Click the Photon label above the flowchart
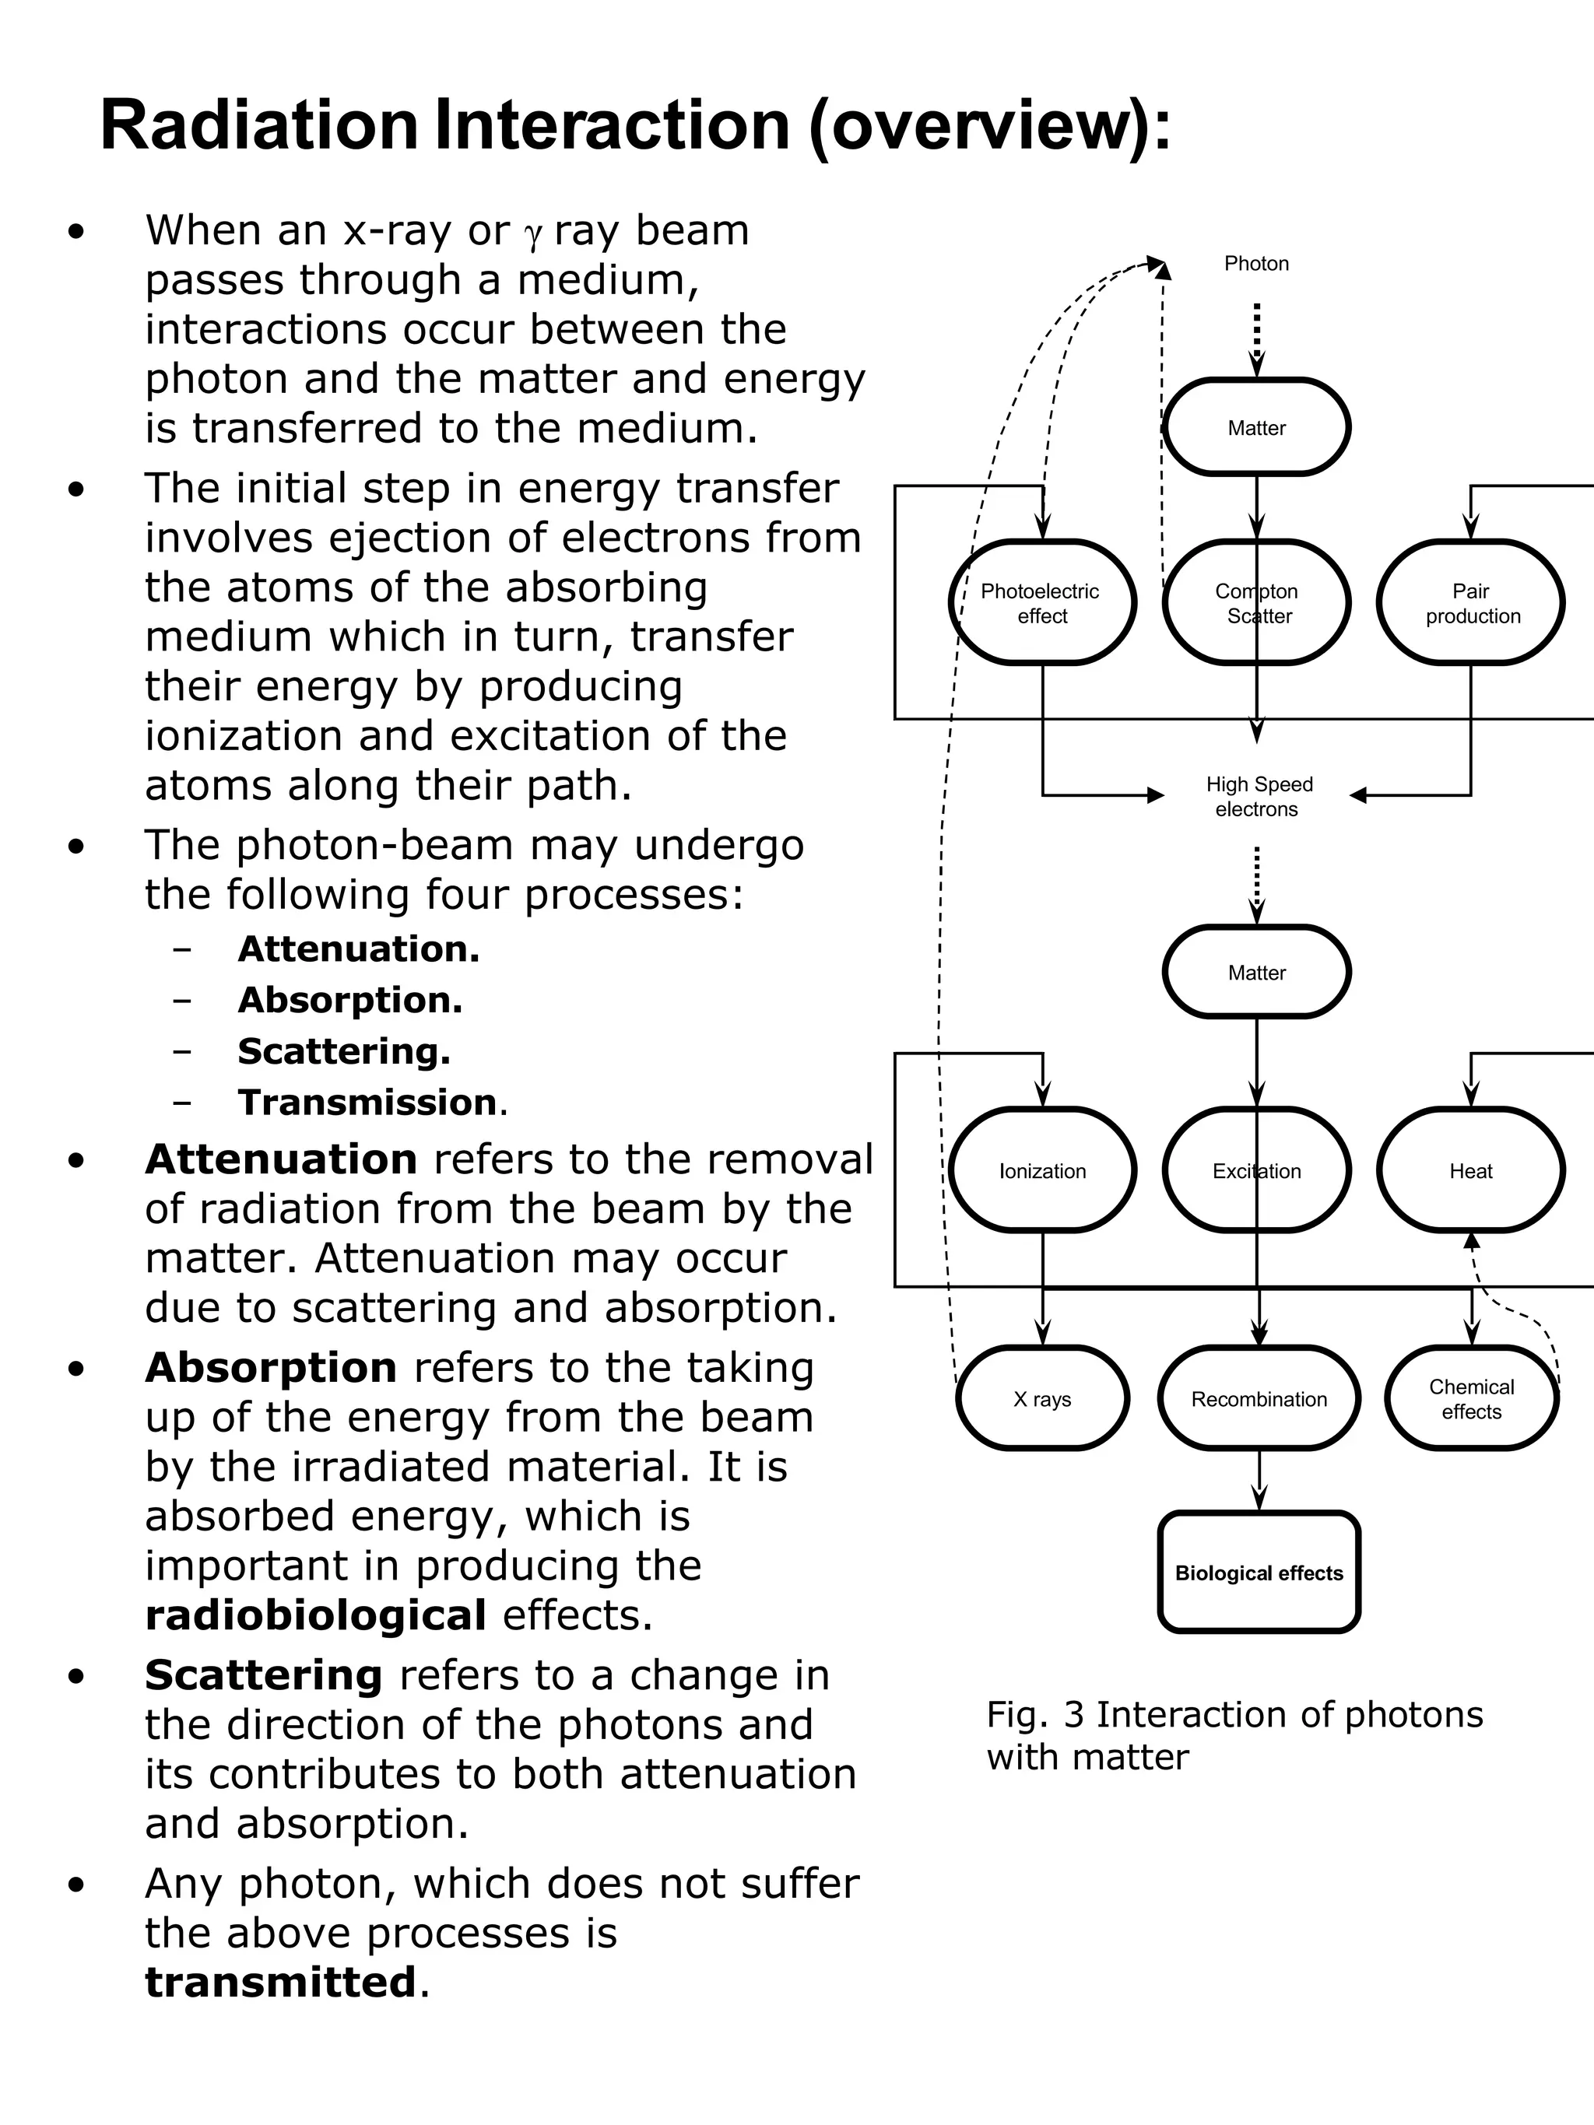pos(1255,263)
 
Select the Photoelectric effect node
pos(1041,603)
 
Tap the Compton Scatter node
pos(1257,603)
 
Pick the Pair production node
pos(1471,603)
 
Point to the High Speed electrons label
pos(1258,797)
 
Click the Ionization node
pos(1041,1170)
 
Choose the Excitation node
pos(1257,1170)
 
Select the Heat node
pos(1471,1170)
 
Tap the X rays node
pos(1041,1399)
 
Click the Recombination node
pos(1259,1399)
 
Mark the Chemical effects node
pos(1471,1399)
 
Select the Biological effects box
pos(1259,1573)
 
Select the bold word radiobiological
pos(315,1615)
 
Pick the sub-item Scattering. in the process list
pos(344,1051)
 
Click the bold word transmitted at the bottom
pos(280,1982)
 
